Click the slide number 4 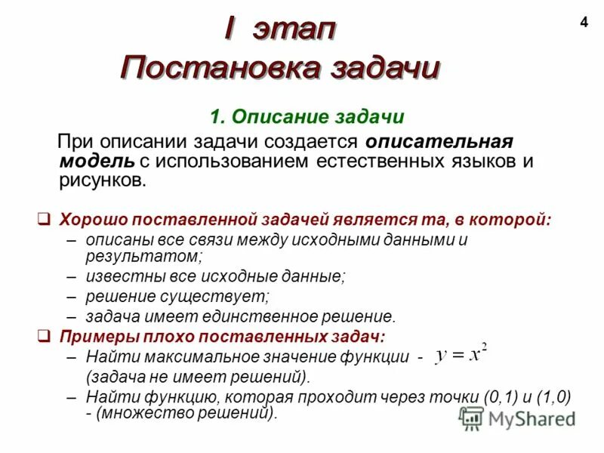coord(583,23)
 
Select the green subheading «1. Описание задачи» coord(307,117)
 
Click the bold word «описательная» coord(429,141)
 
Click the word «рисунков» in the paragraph coord(100,180)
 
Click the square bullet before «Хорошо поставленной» coord(45,220)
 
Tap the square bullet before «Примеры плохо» coord(45,334)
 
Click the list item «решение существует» coord(177,297)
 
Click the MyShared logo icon coord(471,418)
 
